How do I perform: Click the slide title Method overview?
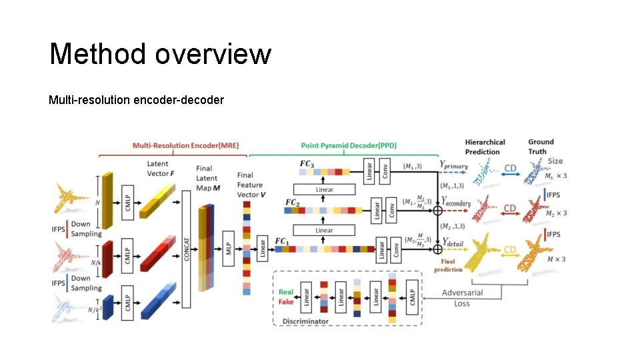[x=160, y=53]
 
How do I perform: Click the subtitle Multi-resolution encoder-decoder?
[x=136, y=100]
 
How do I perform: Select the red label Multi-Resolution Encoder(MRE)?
[x=185, y=145]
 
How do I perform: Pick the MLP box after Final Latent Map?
[x=228, y=247]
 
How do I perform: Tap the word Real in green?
[x=286, y=292]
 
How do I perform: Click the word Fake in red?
[x=286, y=302]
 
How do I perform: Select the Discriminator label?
[x=305, y=321]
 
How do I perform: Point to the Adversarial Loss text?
[x=461, y=298]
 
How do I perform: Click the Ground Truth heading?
[x=541, y=146]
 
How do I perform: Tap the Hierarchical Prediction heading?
[x=485, y=146]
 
